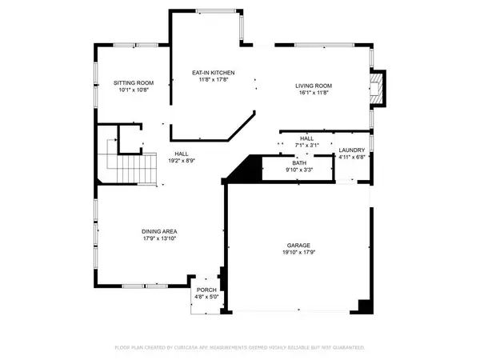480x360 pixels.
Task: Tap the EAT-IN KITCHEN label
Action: [x=211, y=72]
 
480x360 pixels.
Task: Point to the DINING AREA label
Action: [x=159, y=231]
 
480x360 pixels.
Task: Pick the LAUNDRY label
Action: [x=352, y=150]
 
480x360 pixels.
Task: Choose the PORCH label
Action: [x=207, y=290]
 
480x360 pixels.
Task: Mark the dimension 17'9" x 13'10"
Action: [x=159, y=238]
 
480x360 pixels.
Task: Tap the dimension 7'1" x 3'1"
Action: [x=307, y=146]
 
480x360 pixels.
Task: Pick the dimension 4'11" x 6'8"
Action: [x=352, y=158]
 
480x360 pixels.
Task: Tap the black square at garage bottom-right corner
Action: [x=365, y=307]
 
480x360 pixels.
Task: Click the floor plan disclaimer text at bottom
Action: [x=239, y=348]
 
